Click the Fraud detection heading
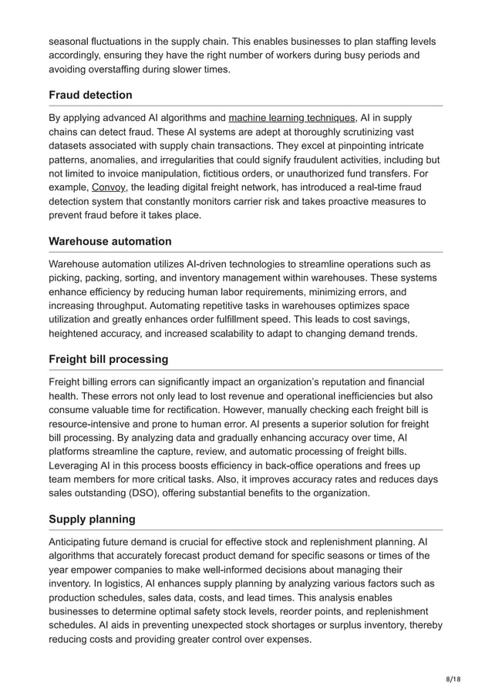pyautogui.click(x=90, y=95)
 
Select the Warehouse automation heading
pyautogui.click(x=110, y=241)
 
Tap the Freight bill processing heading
pyautogui.click(x=108, y=359)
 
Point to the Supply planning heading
pyautogui.click(x=92, y=519)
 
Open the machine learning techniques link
pyautogui.click(x=291, y=117)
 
